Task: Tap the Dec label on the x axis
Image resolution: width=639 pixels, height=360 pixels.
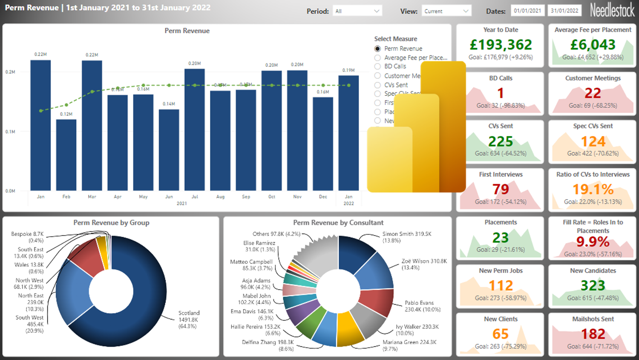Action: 323,197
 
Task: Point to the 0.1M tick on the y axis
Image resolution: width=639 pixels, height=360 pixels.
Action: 10,132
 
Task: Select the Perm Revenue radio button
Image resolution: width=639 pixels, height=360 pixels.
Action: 377,49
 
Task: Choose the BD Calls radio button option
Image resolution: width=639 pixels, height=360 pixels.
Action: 377,66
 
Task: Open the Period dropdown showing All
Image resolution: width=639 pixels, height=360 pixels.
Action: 357,11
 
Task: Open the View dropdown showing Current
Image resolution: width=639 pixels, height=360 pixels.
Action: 446,11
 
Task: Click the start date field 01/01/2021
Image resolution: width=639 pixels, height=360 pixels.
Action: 527,11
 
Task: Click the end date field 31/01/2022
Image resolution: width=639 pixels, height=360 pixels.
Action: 564,11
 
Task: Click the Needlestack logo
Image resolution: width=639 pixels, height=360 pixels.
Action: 612,10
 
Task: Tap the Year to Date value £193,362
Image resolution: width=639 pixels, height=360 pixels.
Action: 501,45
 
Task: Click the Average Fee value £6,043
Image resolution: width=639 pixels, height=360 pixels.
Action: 593,45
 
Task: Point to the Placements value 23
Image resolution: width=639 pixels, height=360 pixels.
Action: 501,237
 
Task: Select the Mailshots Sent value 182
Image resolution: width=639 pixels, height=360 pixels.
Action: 593,334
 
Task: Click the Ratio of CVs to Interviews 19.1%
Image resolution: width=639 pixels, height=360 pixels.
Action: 593,189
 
